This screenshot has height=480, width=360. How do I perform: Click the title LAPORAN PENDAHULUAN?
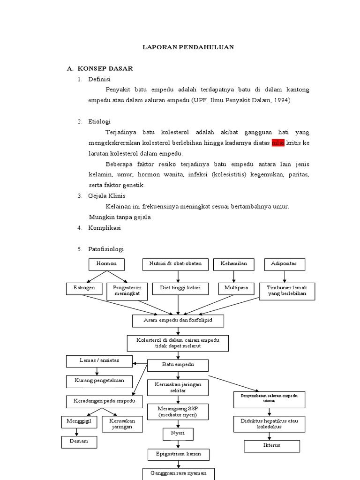click(188, 47)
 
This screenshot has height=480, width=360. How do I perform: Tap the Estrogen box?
click(84, 288)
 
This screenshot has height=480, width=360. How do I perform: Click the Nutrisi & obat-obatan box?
click(175, 264)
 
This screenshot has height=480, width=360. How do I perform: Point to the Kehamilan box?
click(233, 264)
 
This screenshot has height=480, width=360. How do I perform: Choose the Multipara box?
click(236, 288)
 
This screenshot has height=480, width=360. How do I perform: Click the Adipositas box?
click(284, 264)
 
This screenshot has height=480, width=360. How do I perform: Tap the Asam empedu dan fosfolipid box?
click(178, 321)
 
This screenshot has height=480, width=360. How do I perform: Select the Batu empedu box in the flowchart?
click(178, 365)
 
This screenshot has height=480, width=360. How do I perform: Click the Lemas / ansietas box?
click(99, 361)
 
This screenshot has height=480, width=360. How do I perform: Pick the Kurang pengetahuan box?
click(99, 381)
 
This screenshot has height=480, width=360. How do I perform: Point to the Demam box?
click(79, 442)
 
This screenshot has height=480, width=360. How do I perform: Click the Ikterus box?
click(271, 445)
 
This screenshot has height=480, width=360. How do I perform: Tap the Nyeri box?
click(178, 434)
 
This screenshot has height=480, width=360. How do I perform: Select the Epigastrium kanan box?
click(178, 454)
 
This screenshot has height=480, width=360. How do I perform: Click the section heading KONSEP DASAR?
click(105, 68)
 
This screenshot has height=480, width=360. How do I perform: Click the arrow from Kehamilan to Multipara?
click(233, 277)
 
